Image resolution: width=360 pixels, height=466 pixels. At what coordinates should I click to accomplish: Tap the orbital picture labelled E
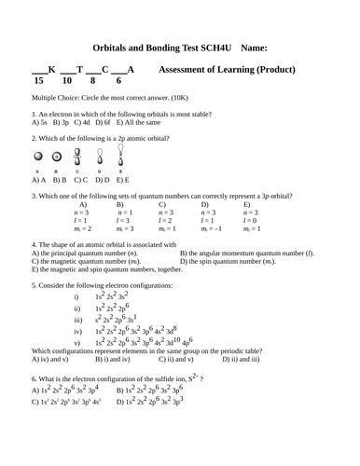click(121, 154)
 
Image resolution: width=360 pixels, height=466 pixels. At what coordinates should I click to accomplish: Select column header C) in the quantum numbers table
click(162, 205)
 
